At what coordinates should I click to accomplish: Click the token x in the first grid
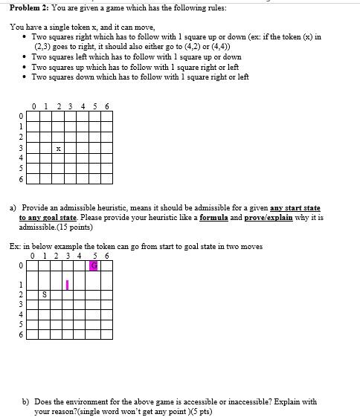click(x=57, y=149)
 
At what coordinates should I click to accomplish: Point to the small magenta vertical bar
click(x=68, y=285)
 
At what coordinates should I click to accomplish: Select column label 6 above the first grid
click(x=107, y=106)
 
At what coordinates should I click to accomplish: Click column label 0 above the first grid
click(x=34, y=106)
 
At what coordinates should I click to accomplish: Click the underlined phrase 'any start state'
click(x=295, y=208)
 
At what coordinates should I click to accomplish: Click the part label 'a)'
click(x=13, y=208)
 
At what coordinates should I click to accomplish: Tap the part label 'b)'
click(x=26, y=401)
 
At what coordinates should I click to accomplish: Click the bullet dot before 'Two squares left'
click(x=25, y=56)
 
